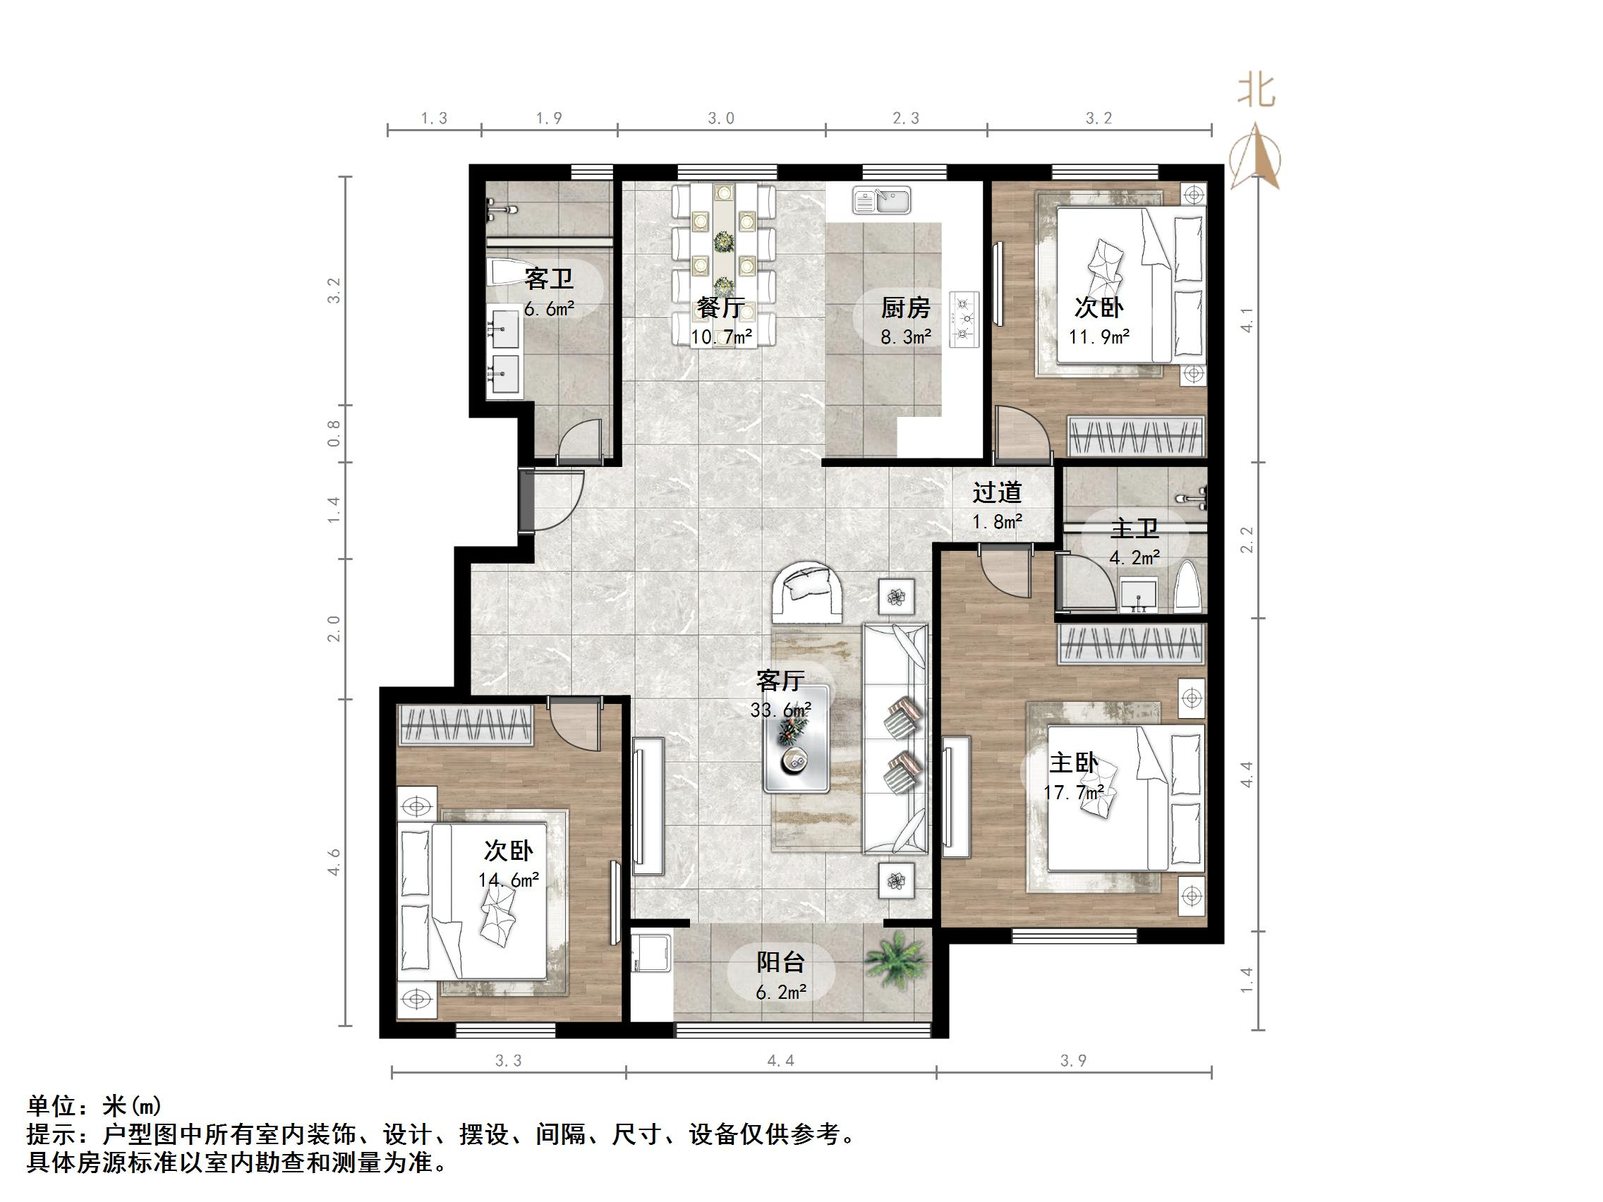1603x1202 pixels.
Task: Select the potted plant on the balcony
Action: [x=896, y=959]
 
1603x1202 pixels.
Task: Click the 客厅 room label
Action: [x=780, y=680]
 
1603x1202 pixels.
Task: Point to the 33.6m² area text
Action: [x=780, y=710]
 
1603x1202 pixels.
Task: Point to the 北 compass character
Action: [x=1256, y=92]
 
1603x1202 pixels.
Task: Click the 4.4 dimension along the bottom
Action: [x=780, y=1062]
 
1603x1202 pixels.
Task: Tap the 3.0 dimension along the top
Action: [x=721, y=119]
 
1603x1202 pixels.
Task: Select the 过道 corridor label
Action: [x=996, y=492]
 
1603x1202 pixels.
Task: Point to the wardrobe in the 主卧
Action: [x=1131, y=643]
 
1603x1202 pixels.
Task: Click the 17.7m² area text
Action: [x=1073, y=793]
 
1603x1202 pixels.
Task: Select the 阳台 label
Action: [x=780, y=962]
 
